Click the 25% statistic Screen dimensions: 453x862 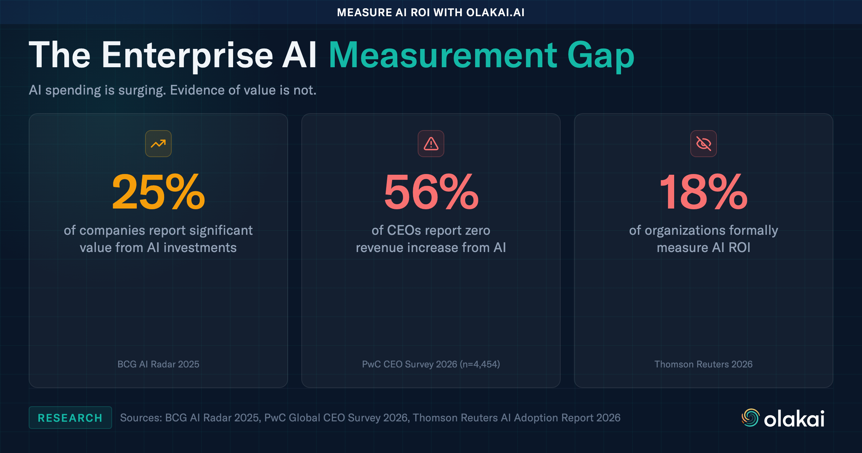pyautogui.click(x=158, y=192)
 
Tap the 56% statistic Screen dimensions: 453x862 pyautogui.click(x=431, y=192)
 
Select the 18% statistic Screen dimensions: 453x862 pyautogui.click(x=703, y=192)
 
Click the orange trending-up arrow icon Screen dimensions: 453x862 pyautogui.click(x=158, y=144)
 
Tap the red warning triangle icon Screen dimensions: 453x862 pyautogui.click(x=431, y=144)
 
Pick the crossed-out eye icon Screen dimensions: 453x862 pyautogui.click(x=703, y=144)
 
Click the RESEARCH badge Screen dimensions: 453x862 pyautogui.click(x=70, y=418)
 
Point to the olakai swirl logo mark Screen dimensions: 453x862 pyautogui.click(x=750, y=418)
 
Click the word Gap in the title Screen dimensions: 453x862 pyautogui.click(x=601, y=56)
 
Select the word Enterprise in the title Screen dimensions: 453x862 pyautogui.click(x=187, y=56)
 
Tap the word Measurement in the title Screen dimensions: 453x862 pyautogui.click(x=443, y=56)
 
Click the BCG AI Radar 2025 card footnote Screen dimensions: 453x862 pyautogui.click(x=158, y=364)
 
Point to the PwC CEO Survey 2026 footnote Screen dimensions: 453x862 pyautogui.click(x=431, y=364)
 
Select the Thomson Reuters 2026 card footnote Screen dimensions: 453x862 pyautogui.click(x=703, y=364)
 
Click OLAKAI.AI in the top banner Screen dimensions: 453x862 pyautogui.click(x=495, y=13)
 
